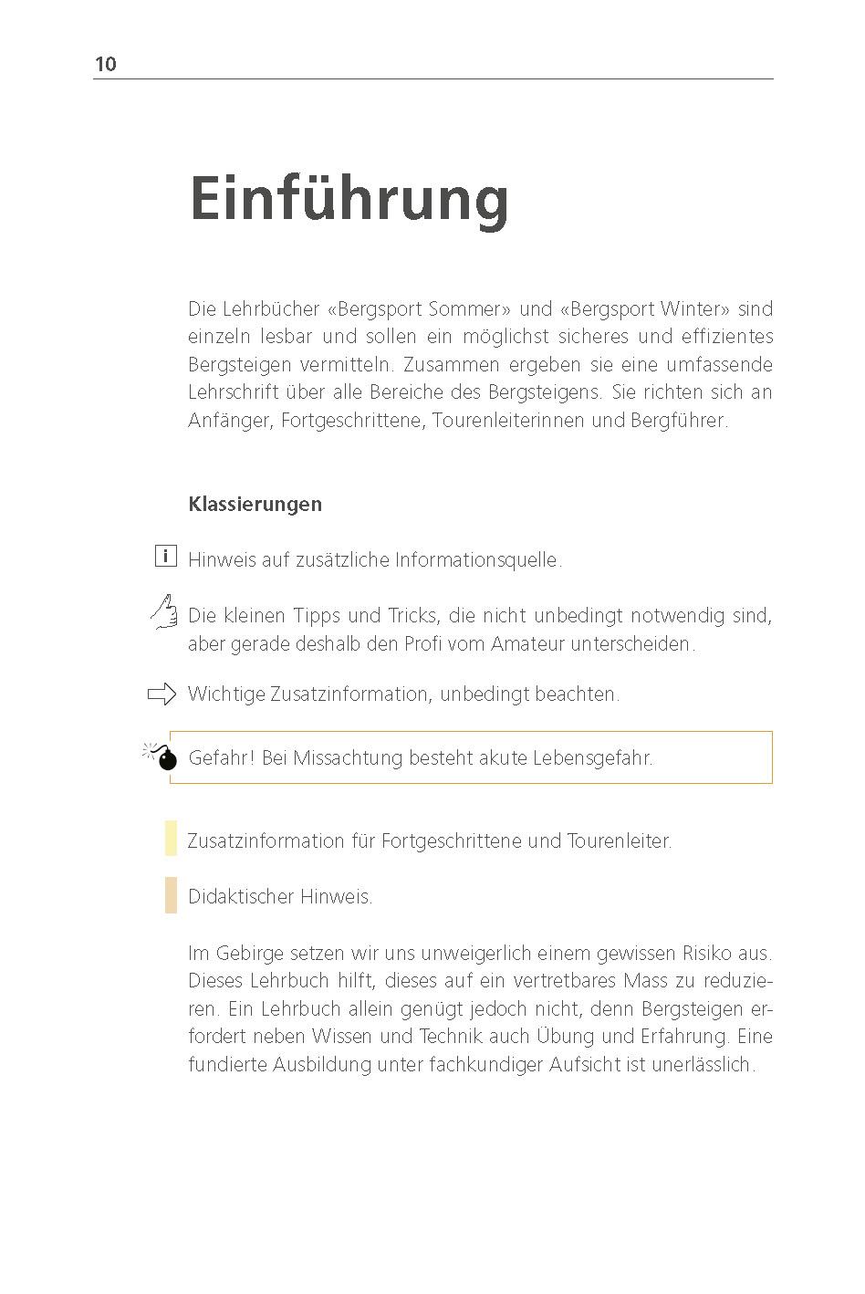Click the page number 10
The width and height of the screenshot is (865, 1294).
[106, 64]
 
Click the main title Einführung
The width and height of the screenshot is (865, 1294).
[349, 199]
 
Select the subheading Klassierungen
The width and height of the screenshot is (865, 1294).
[255, 504]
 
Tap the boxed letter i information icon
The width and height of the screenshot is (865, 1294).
[165, 556]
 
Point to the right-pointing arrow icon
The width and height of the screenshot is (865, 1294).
[162, 694]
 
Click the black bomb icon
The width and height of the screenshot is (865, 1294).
[163, 757]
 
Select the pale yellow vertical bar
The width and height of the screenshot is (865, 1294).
[171, 839]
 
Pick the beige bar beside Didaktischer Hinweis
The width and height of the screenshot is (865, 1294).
[171, 895]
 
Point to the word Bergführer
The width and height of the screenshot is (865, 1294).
[679, 421]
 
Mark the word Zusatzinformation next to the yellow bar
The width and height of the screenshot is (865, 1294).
[266, 840]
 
